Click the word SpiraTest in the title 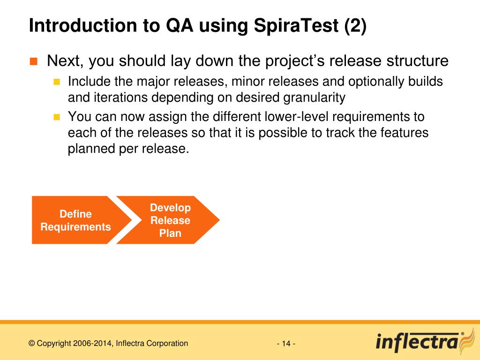(296, 25)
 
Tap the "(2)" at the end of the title (355, 26)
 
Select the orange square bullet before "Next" (33, 61)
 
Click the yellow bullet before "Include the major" (57, 82)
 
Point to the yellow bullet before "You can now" (57, 117)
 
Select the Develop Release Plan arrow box (168, 220)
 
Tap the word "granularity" (315, 98)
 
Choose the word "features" (405, 133)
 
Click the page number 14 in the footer (286, 344)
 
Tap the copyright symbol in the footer (31, 344)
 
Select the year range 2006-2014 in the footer (93, 344)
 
